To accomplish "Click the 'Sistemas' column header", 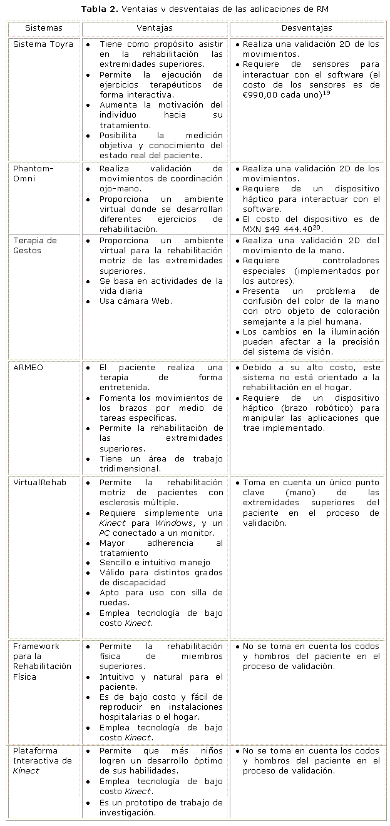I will [44, 28].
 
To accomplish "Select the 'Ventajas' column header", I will [155, 28].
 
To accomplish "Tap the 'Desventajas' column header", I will [307, 28].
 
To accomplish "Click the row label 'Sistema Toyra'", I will [43, 44].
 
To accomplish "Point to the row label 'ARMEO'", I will [28, 368].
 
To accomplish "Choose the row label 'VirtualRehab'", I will [39, 483].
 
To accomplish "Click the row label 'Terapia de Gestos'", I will [35, 246].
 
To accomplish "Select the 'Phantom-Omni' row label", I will [33, 174].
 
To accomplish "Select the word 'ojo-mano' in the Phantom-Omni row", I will [117, 189].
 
